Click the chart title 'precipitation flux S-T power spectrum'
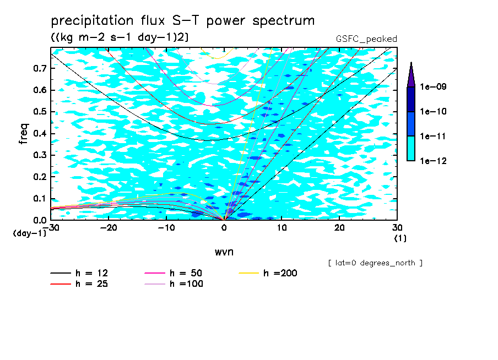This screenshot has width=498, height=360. pos(183,21)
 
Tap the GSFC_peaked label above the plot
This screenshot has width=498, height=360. pos(366,39)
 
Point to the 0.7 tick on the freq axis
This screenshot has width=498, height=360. pos(40,68)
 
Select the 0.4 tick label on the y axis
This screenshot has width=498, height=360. pos(40,134)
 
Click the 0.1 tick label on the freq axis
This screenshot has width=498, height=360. pos(40,199)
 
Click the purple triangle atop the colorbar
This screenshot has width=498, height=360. pos(411,74)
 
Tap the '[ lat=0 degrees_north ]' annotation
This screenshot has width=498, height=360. pos(375,263)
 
